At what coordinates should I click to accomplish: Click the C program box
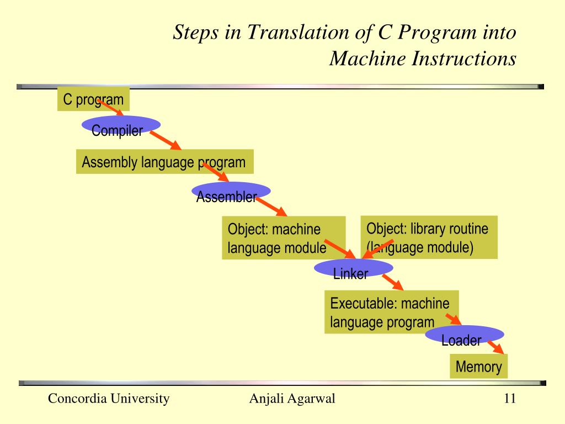point(93,99)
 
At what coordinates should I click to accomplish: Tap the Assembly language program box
point(164,162)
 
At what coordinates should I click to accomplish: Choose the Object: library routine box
point(428,237)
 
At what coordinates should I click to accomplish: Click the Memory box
point(478,367)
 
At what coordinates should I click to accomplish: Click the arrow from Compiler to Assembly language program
point(166,141)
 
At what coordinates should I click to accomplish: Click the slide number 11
point(509,399)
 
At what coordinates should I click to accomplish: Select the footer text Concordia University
point(109,399)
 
